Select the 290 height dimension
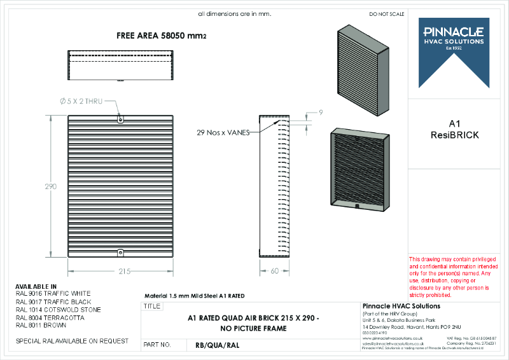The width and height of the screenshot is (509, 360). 51,187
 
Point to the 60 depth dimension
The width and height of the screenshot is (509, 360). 274,272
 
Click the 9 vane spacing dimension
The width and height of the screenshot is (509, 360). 321,113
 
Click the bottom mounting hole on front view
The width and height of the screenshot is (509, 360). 121,253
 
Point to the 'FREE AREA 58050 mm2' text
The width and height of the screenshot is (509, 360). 161,36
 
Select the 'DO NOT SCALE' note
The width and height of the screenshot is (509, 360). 386,14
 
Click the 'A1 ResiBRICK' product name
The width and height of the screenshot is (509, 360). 454,129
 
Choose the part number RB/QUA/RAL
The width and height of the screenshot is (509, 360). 217,345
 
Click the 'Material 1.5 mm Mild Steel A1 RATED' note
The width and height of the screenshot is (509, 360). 195,296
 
